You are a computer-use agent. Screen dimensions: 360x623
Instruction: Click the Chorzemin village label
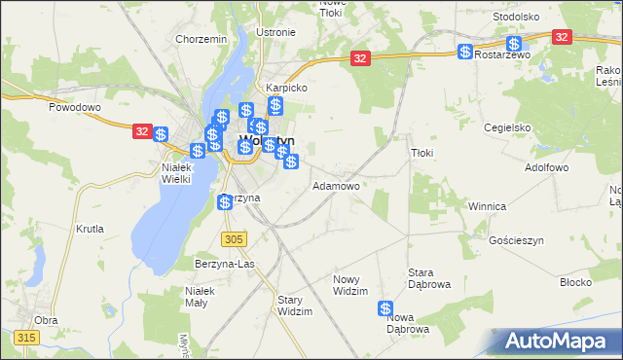pyautogui.click(x=201, y=39)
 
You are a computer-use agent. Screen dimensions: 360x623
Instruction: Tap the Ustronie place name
pyautogui.click(x=275, y=32)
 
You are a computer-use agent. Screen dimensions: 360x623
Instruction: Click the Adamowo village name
pyautogui.click(x=336, y=185)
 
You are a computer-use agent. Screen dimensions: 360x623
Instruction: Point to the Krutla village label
pyautogui.click(x=90, y=230)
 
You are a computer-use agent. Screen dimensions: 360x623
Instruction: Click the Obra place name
pyautogui.click(x=46, y=319)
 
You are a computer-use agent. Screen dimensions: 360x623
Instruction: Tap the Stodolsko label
pyautogui.click(x=516, y=17)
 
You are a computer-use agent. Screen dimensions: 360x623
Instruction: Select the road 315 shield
pyautogui.click(x=26, y=337)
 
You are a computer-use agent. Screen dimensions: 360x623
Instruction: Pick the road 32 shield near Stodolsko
pyautogui.click(x=562, y=36)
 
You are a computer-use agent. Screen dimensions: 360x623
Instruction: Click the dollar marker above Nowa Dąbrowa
pyautogui.click(x=385, y=308)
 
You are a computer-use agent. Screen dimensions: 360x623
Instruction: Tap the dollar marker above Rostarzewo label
pyautogui.click(x=513, y=44)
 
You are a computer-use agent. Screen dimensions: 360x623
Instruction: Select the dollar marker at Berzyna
pyautogui.click(x=225, y=201)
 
